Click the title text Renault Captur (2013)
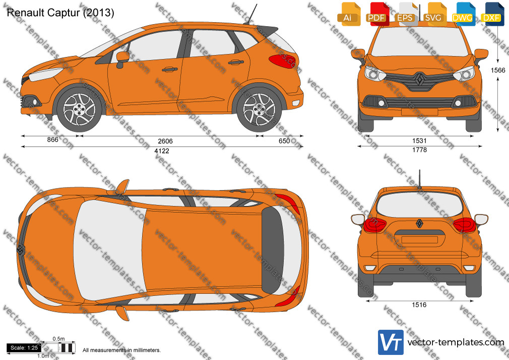pyautogui.click(x=60, y=13)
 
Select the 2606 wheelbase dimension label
pyautogui.click(x=165, y=141)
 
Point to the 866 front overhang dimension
pyautogui.click(x=52, y=139)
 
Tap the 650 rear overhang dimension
pyautogui.click(x=284, y=141)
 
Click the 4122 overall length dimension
pyautogui.click(x=162, y=151)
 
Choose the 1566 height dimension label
pyautogui.click(x=497, y=70)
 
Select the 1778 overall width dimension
pyautogui.click(x=419, y=150)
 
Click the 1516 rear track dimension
pyautogui.click(x=419, y=305)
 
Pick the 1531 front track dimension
pyautogui.click(x=419, y=141)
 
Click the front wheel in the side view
pyautogui.click(x=79, y=109)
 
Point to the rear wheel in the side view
pyautogui.click(x=259, y=109)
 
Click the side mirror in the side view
pyautogui.click(x=122, y=58)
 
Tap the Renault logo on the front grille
pyautogui.click(x=419, y=79)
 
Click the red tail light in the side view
pyautogui.click(x=282, y=61)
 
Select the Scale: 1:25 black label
pyautogui.click(x=24, y=348)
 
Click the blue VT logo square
pyautogui.click(x=391, y=342)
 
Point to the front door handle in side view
pyautogui.click(x=170, y=69)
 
